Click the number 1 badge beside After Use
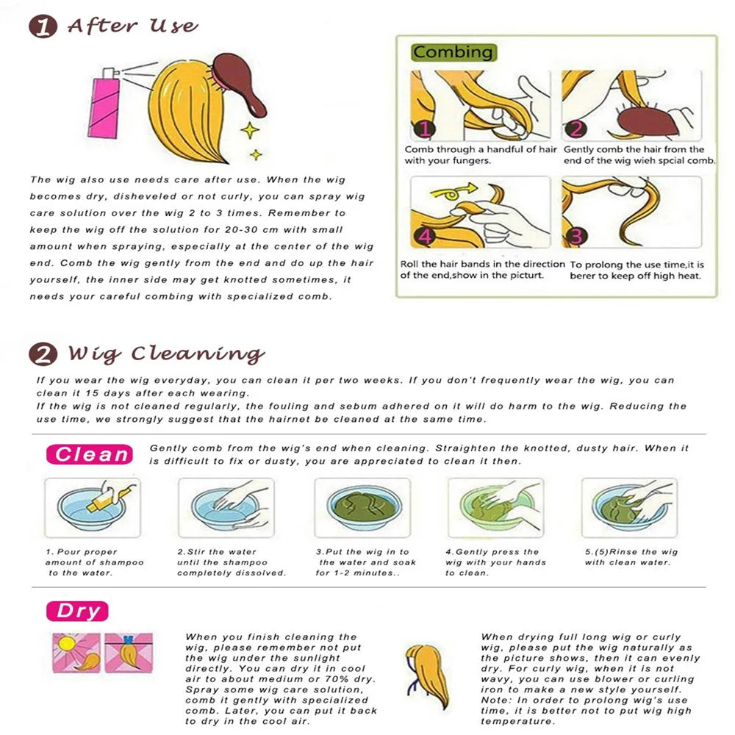43,26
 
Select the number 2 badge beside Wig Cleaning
43,354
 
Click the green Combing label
453,52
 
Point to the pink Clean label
90,454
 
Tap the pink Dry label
77,612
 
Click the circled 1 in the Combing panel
424,129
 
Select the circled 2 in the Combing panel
576,129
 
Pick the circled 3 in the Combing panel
576,236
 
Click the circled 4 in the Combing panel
424,236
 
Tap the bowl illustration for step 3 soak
363,507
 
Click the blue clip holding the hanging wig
128,639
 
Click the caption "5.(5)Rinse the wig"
631,552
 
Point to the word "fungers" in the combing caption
472,161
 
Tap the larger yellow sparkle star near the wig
250,130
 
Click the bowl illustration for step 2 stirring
226,507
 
